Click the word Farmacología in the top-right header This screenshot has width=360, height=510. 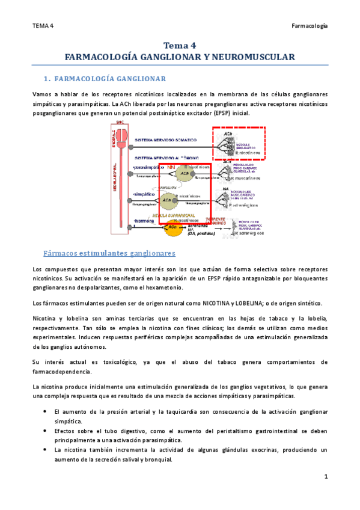click(x=310, y=26)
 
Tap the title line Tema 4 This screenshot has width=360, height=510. click(x=180, y=45)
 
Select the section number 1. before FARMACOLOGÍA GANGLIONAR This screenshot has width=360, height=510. click(x=48, y=79)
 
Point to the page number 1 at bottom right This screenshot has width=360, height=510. click(x=325, y=477)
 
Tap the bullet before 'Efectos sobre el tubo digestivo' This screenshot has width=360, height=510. click(x=46, y=431)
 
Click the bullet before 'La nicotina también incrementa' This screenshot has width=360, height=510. click(x=46, y=450)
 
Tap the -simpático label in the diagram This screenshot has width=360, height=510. click(x=144, y=194)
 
